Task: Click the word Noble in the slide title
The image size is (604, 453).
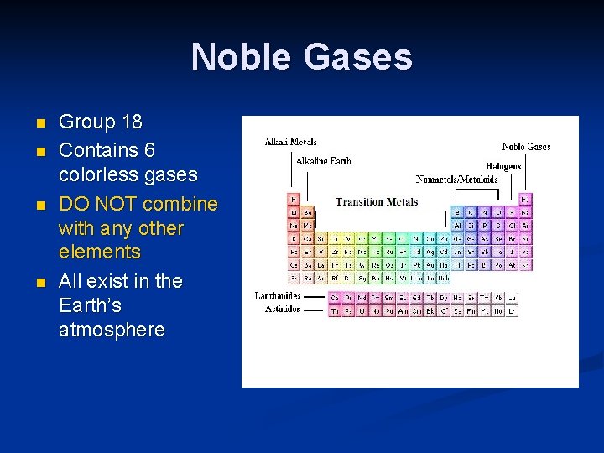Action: click(x=242, y=57)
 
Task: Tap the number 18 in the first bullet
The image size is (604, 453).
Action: click(x=132, y=122)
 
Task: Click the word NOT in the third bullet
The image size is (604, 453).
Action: click(x=116, y=205)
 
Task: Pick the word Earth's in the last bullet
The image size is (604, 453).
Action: click(x=90, y=305)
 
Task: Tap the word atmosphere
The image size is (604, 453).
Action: click(x=112, y=330)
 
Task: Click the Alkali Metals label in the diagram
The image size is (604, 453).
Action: click(x=291, y=142)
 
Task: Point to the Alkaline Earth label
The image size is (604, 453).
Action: click(x=323, y=160)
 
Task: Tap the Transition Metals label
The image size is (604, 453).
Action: click(x=377, y=201)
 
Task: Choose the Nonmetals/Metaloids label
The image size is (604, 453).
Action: click(x=456, y=179)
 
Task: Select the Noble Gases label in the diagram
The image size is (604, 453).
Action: click(x=526, y=147)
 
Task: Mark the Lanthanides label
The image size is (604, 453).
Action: click(x=278, y=295)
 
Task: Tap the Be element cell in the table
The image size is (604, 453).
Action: click(x=307, y=213)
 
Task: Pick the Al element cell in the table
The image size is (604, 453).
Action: click(x=458, y=226)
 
